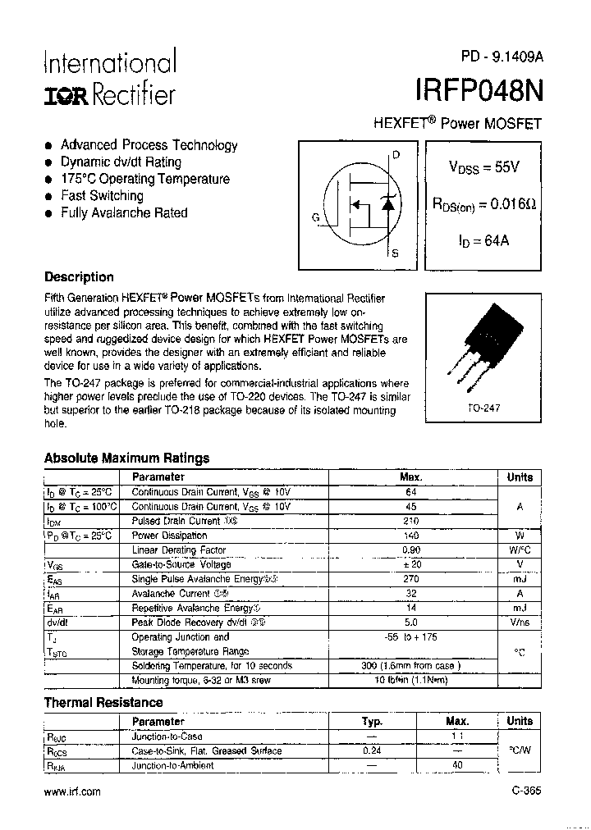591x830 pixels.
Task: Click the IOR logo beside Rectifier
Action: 65,97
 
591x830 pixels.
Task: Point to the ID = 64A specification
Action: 483,241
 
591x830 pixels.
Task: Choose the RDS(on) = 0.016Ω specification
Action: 484,204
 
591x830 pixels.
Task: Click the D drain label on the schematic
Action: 396,155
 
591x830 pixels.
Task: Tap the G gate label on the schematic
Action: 315,217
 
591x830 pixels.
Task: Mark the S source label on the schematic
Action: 395,254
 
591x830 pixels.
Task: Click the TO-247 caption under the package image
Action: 483,407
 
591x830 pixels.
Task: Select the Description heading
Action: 79,277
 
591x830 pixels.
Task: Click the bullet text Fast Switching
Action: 102,196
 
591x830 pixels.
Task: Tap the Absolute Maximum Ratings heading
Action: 126,458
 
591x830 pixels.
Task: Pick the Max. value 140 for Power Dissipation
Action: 411,536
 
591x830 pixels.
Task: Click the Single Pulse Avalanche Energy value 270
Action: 411,579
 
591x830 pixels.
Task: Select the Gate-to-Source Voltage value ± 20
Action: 411,564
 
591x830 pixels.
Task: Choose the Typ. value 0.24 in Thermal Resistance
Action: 373,750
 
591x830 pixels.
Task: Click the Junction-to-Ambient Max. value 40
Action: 457,765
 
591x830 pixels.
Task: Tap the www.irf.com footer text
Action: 72,791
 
